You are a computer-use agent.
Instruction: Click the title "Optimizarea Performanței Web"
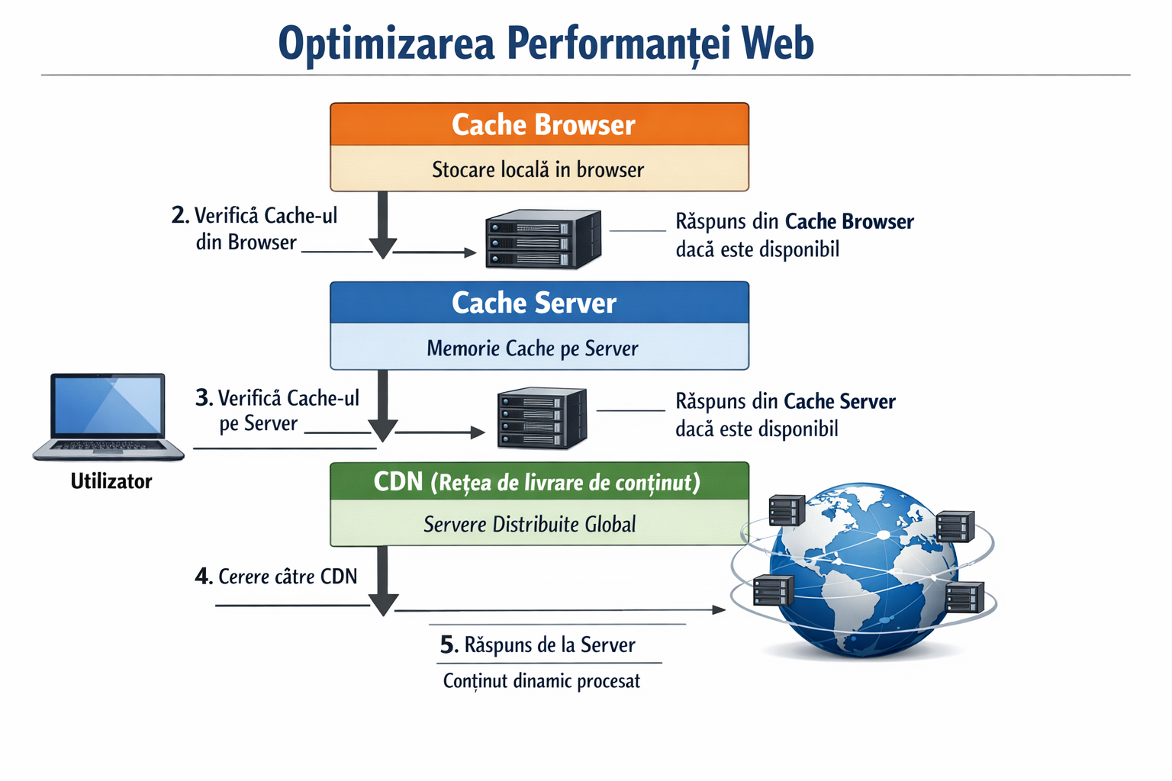coord(546,43)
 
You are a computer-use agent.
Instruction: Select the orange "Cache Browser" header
coord(539,124)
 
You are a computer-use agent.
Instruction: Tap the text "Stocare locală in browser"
coord(538,169)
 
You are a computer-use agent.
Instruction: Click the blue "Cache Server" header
coord(539,303)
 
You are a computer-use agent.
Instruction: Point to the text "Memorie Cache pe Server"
coord(532,349)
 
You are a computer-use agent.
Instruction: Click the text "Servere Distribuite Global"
coord(530,525)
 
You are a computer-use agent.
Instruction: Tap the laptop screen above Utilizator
coord(108,406)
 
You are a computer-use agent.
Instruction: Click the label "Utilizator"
coord(111,481)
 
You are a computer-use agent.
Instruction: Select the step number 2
coord(179,215)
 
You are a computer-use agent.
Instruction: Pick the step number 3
coord(203,397)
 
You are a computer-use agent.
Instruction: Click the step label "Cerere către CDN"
coord(288,577)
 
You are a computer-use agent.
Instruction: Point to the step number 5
coord(449,645)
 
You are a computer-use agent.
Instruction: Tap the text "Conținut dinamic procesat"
coord(541,681)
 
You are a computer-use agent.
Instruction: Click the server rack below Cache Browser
coord(543,239)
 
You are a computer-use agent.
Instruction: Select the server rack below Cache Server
coord(542,418)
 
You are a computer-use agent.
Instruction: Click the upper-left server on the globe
coord(786,510)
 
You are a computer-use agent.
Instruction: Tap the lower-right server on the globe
coord(964,597)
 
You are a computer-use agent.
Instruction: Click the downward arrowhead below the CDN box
coord(383,605)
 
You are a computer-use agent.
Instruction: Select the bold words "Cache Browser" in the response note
coord(848,222)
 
